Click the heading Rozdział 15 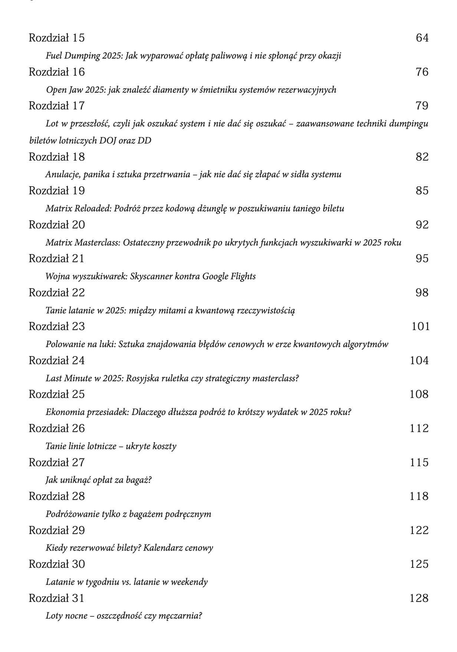coord(57,38)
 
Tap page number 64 coord(422,38)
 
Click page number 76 coord(422,72)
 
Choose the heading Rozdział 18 coord(57,157)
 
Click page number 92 coord(422,225)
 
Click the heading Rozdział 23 coord(57,326)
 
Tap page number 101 coord(420,326)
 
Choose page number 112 coord(419,428)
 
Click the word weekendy coord(189,582)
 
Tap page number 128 coord(419,598)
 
